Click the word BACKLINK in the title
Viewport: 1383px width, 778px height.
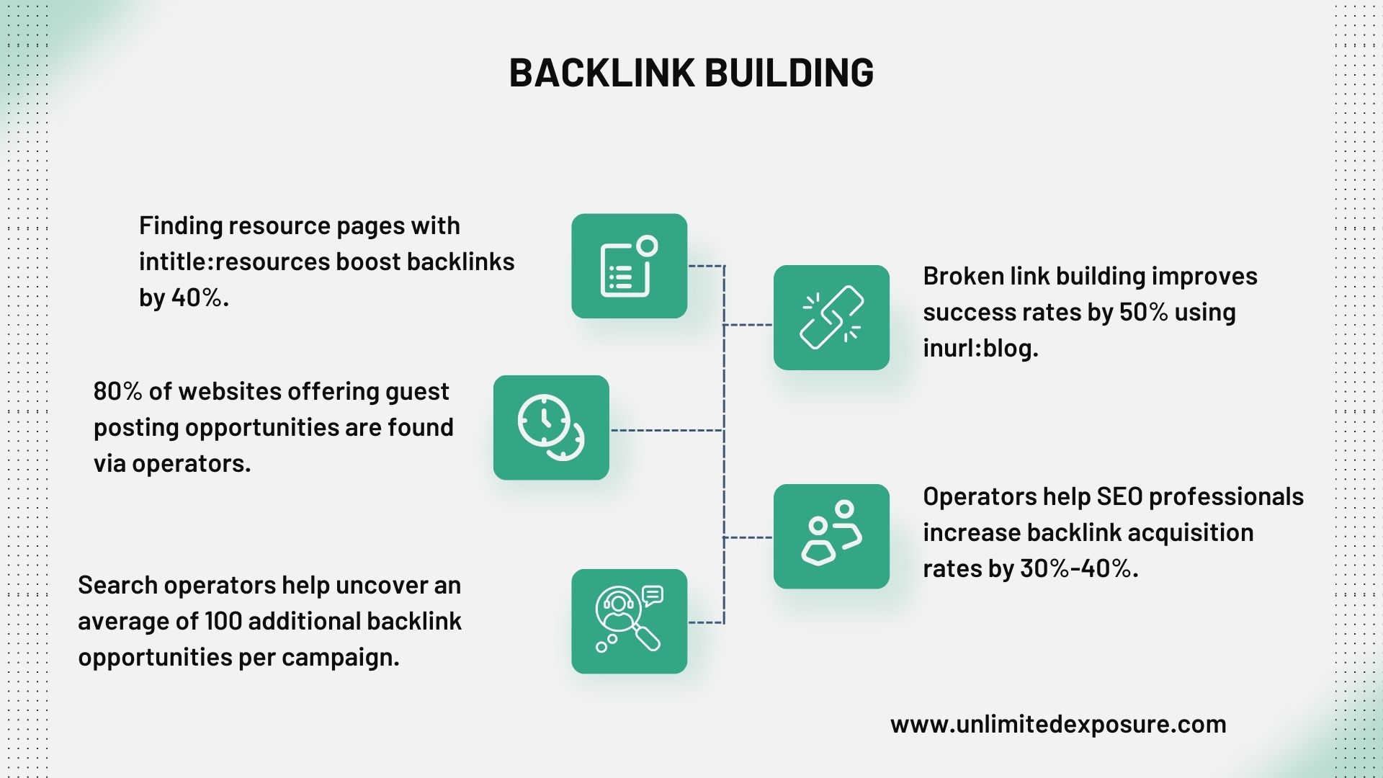(601, 73)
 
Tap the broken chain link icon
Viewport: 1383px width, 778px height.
(831, 318)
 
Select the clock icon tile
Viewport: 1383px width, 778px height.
(551, 428)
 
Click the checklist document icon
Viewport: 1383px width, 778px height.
(629, 266)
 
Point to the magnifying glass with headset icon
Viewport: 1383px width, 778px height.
(629, 622)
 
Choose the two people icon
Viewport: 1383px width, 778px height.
(831, 537)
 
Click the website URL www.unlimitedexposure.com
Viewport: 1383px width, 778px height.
(1057, 724)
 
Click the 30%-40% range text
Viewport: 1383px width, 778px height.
(1078, 568)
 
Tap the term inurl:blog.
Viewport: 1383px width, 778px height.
(980, 348)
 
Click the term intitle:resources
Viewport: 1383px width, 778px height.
(234, 261)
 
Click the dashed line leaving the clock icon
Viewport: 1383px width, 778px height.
(666, 430)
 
